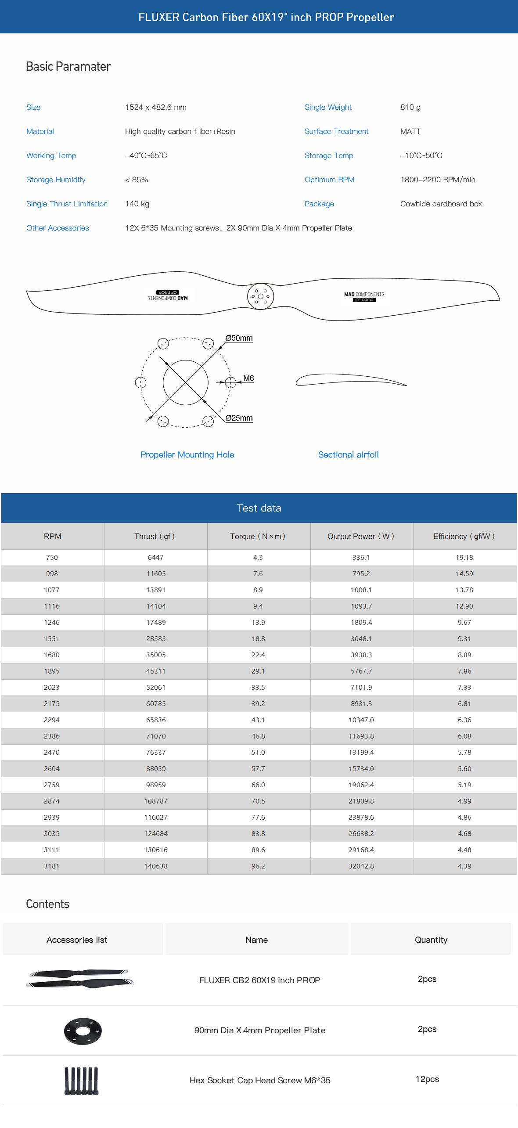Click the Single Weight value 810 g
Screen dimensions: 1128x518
tap(410, 107)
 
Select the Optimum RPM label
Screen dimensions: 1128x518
tap(329, 180)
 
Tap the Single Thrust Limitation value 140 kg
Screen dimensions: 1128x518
tap(137, 204)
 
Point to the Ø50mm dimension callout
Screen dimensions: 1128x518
tap(239, 338)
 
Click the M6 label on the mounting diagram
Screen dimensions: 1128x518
tap(248, 378)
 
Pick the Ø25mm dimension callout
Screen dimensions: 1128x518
tap(239, 418)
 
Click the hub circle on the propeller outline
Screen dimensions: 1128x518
tap(260, 296)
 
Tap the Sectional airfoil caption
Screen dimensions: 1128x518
tap(348, 455)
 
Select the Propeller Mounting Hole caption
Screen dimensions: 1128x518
tap(187, 455)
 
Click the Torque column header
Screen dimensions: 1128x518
tap(258, 536)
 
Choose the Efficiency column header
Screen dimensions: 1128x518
tap(464, 536)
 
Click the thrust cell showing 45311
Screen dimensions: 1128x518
tap(156, 671)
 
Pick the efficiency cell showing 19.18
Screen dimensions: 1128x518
tap(464, 557)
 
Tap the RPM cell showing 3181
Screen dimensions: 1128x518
tap(52, 866)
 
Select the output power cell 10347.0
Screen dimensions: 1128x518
tap(361, 720)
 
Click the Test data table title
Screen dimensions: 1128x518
tap(259, 508)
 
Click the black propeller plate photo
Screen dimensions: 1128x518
tap(83, 1031)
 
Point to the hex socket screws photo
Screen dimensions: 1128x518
tap(82, 1081)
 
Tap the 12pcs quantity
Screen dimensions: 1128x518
tap(427, 1079)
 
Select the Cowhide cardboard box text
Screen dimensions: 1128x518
tap(441, 204)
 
